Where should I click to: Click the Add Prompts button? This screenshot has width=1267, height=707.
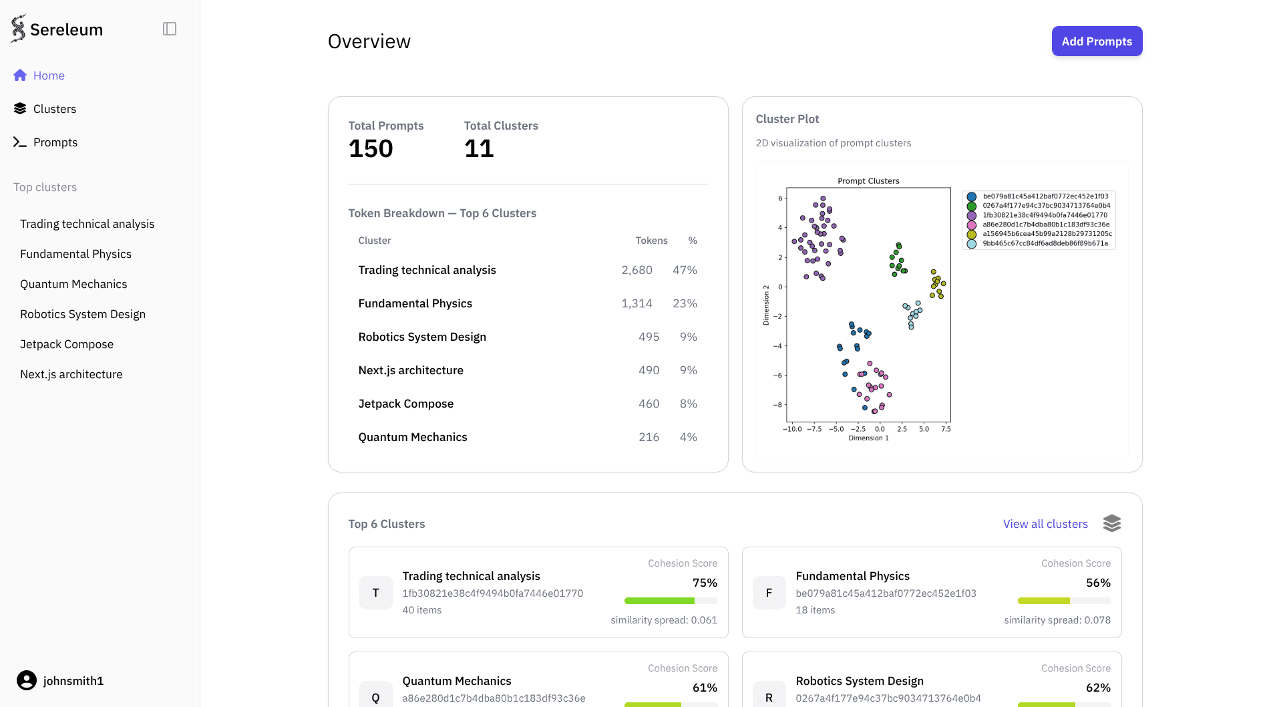(1096, 41)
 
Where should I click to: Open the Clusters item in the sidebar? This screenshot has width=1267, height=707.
(54, 109)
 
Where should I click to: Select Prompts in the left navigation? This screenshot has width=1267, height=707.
(55, 142)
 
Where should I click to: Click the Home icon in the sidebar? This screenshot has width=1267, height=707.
(20, 76)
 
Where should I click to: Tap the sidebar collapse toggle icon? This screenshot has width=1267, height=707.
(170, 29)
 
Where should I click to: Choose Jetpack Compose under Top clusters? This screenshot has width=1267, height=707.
(67, 344)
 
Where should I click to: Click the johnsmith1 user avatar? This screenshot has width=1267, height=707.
(27, 680)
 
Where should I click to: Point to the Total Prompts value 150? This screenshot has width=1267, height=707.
(371, 148)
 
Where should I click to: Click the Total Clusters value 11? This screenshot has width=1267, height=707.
(479, 148)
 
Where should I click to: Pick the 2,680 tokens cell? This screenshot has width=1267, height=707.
(637, 270)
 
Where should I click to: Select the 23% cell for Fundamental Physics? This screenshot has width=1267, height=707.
(685, 303)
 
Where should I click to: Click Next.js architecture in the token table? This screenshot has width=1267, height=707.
(411, 370)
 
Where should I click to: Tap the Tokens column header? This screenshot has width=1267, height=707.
(651, 241)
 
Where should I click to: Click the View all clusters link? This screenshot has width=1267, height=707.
(1045, 524)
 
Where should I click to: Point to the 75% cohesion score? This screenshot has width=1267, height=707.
(705, 583)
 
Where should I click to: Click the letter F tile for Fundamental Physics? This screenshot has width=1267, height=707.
(769, 593)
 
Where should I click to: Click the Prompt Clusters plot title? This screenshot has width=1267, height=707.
(868, 181)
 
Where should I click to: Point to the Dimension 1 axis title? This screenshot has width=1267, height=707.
(868, 438)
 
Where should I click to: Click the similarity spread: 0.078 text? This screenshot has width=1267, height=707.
(1057, 620)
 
